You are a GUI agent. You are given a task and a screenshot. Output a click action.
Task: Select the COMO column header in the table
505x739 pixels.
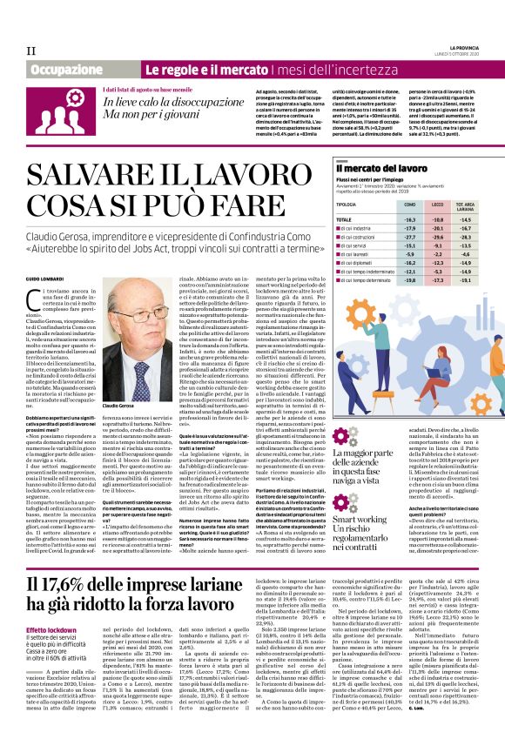tap(410, 204)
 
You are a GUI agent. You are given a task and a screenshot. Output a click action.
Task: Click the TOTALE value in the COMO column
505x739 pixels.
tap(410, 219)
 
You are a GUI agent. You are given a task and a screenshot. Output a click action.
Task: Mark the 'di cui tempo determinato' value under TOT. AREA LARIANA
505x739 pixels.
tap(467, 281)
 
